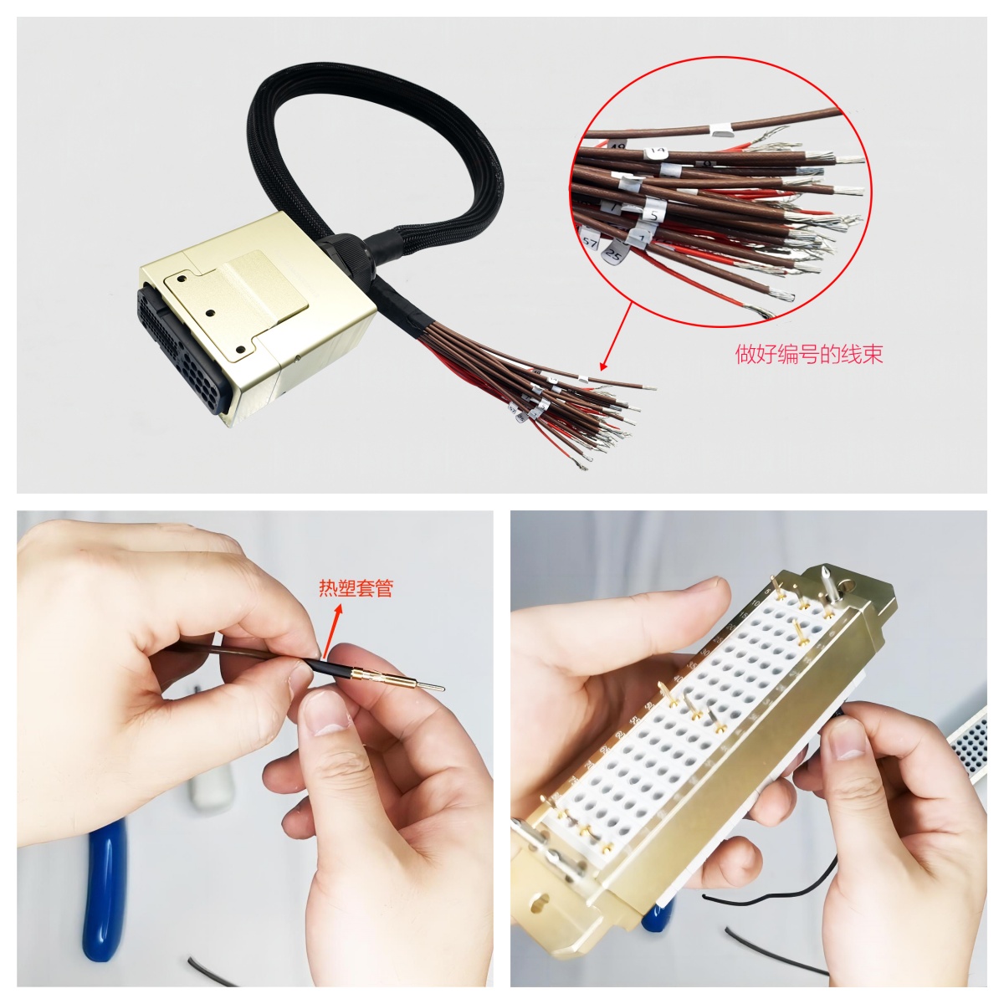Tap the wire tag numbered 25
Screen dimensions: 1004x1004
(615, 252)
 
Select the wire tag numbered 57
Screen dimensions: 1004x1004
(590, 242)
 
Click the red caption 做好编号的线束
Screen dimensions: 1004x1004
(808, 355)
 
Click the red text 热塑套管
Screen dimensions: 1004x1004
(356, 588)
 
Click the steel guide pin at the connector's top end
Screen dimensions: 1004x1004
(825, 578)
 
